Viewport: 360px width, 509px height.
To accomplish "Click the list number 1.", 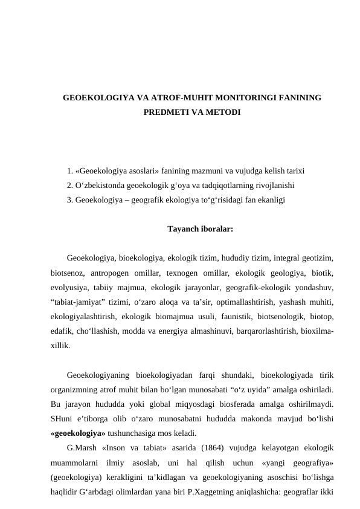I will (70, 170).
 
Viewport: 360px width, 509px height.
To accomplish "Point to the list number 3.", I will (70, 198).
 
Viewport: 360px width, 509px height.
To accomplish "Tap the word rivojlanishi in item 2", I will (275, 184).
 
